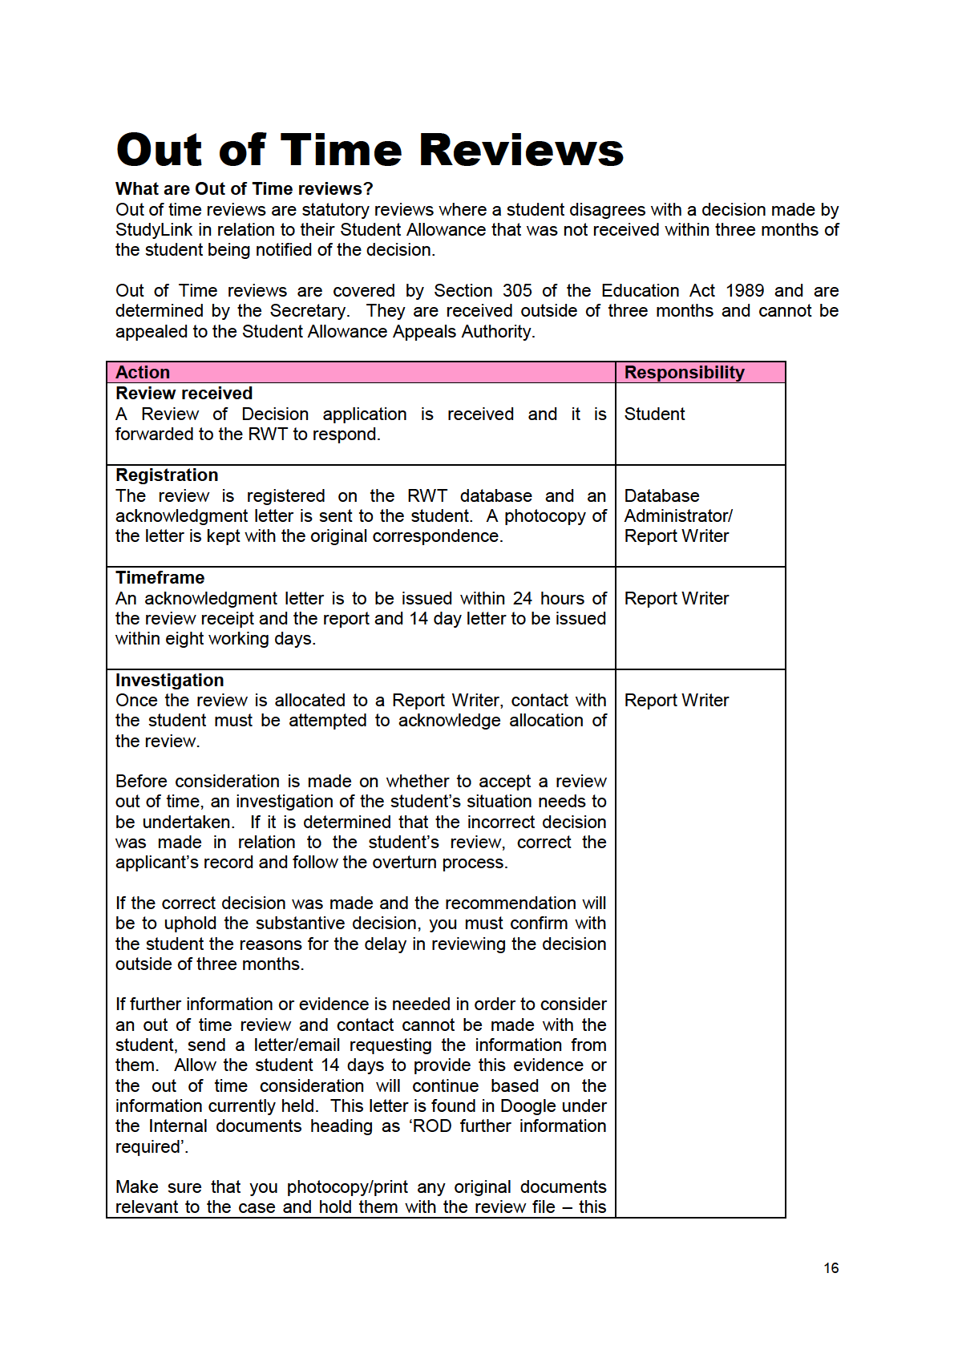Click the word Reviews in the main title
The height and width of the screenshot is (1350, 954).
pos(521,150)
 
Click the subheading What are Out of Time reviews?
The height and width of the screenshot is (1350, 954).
pos(245,189)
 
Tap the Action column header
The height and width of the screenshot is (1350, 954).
pos(143,373)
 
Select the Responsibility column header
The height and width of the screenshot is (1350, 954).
pos(684,373)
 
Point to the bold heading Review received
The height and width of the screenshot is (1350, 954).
pos(184,394)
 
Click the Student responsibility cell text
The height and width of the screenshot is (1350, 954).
pos(654,414)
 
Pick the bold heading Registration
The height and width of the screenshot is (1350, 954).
pos(167,475)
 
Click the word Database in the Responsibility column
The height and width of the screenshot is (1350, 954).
pos(661,496)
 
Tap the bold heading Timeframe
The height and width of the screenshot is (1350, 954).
pos(160,578)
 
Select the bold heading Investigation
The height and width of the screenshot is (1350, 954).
pos(170,681)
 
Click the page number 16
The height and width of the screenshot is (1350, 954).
pos(831,1268)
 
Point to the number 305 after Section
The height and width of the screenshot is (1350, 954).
pos(517,291)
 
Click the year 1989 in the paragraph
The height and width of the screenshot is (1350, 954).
pos(745,291)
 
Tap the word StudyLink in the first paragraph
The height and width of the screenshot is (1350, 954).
pos(154,230)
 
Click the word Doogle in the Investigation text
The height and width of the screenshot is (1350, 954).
pos(528,1106)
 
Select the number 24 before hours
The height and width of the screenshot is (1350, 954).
pos(522,599)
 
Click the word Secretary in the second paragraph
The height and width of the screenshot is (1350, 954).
pos(308,311)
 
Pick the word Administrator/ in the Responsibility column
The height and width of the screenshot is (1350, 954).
pos(678,516)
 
